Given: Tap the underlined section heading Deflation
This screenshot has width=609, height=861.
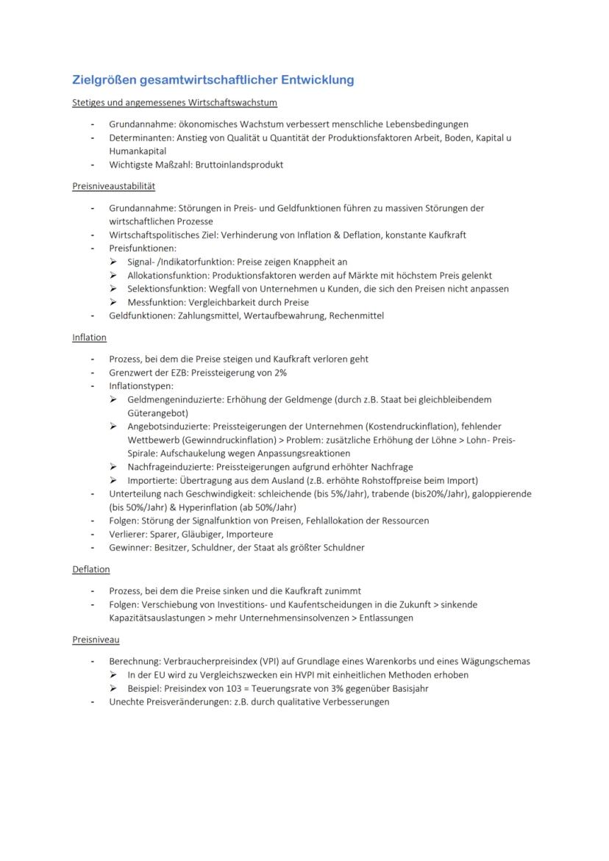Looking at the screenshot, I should (x=91, y=569).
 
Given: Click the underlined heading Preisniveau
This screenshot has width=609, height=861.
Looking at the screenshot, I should (x=96, y=640).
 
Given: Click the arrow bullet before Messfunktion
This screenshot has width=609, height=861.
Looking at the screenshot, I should (x=114, y=302).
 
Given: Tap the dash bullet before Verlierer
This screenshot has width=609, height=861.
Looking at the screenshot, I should (x=93, y=535).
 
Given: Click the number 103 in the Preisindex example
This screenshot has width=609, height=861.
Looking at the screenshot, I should (x=233, y=688).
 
